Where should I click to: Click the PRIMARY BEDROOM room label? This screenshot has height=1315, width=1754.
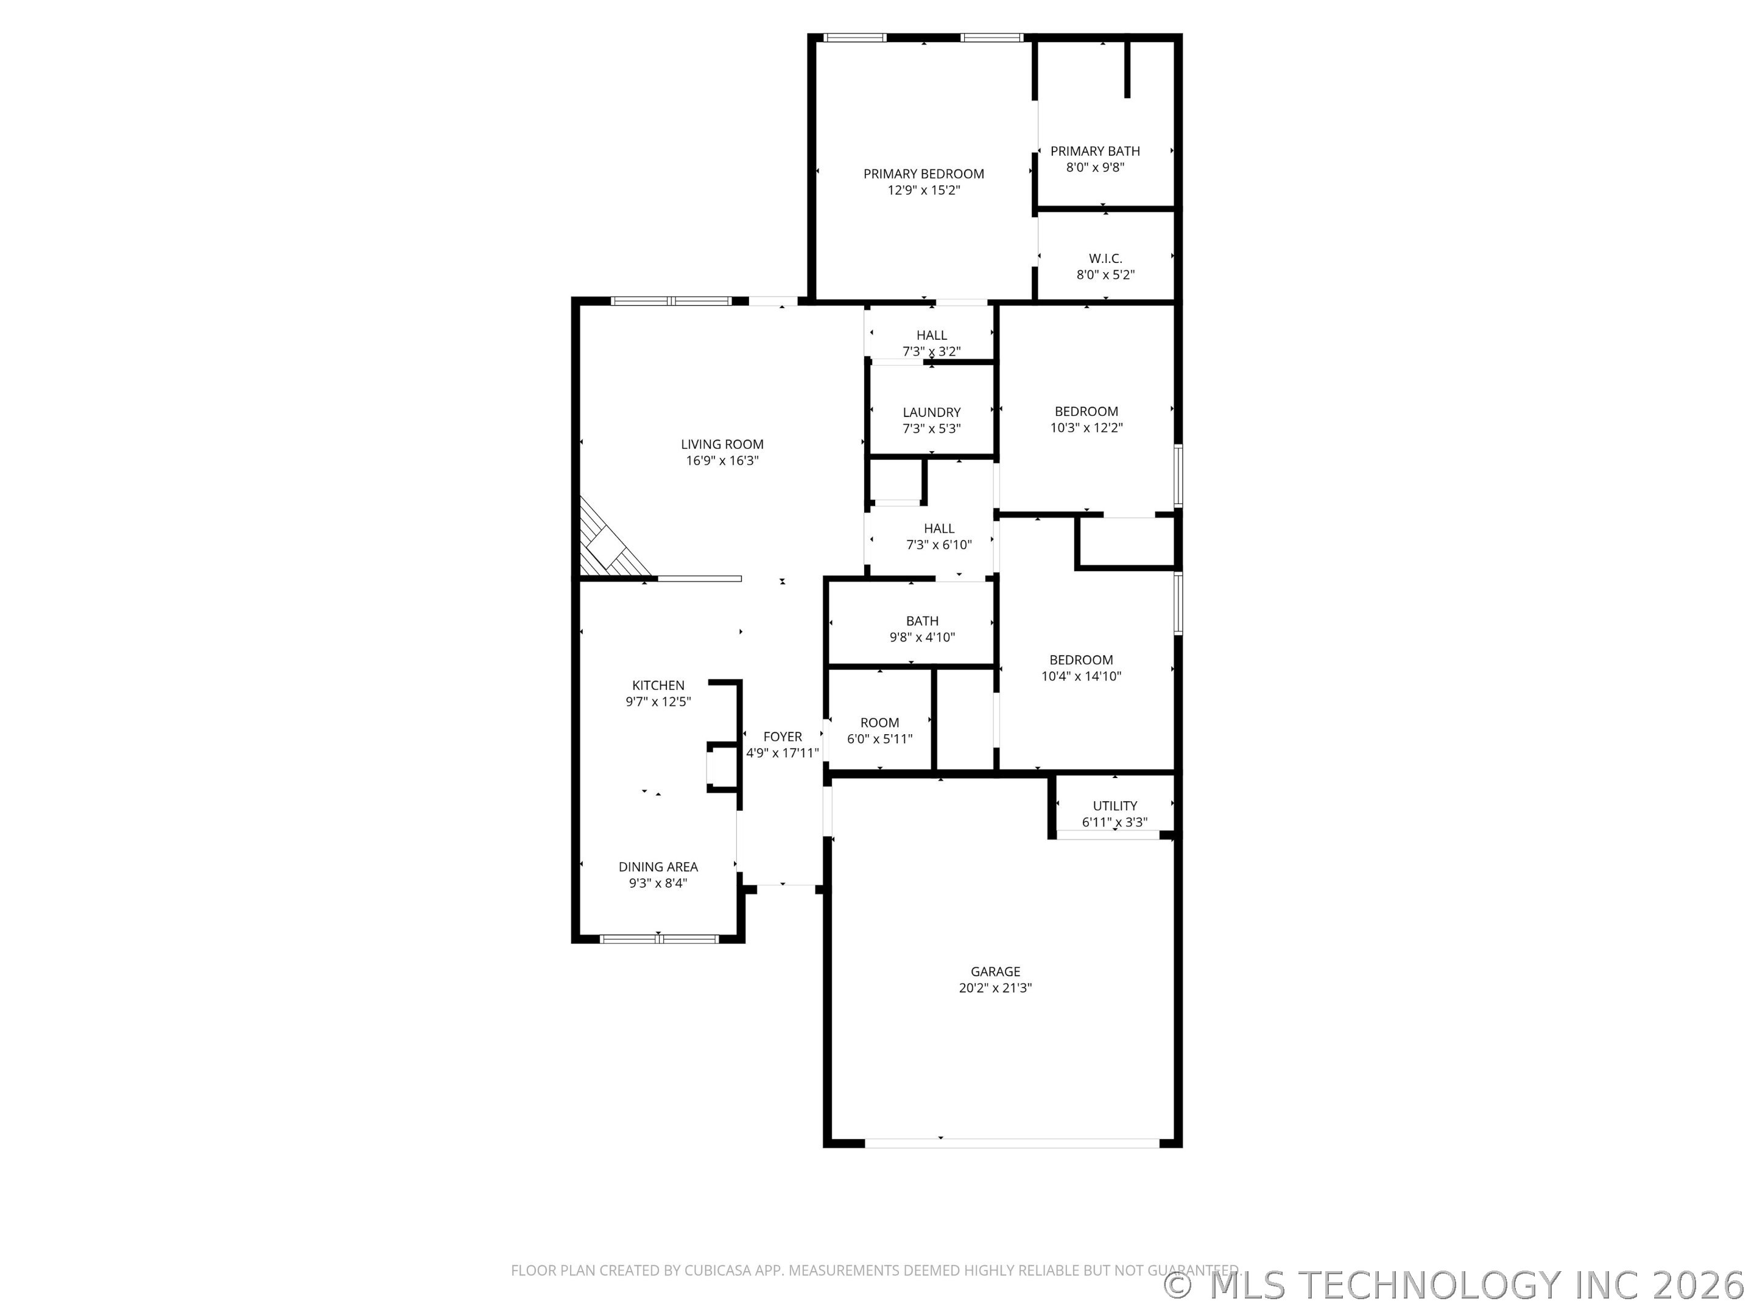point(924,174)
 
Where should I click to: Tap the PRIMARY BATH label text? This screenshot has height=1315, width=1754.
point(1095,150)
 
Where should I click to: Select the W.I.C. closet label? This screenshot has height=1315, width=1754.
point(1105,258)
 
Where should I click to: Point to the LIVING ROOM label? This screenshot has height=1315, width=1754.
point(722,444)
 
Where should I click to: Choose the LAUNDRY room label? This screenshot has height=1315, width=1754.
point(932,412)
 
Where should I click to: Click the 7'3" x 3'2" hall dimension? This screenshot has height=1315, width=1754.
point(932,351)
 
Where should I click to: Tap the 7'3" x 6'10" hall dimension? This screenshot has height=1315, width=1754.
point(939,544)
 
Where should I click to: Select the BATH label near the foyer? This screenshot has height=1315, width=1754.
point(922,620)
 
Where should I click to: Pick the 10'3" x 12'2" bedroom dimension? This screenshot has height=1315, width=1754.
point(1087,427)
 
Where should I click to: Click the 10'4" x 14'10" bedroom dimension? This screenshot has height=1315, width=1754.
point(1081,676)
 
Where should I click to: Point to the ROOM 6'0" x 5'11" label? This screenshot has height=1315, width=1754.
point(879,731)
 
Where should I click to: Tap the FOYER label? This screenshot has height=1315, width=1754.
point(783,737)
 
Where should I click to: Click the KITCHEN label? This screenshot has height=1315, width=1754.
point(658,685)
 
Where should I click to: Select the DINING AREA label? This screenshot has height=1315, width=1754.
point(658,866)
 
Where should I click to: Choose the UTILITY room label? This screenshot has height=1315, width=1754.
point(1115,805)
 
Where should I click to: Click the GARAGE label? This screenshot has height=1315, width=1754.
point(995,971)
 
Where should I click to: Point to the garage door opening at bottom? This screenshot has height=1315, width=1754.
point(1012,1143)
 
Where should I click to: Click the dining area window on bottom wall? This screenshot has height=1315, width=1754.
point(659,939)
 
